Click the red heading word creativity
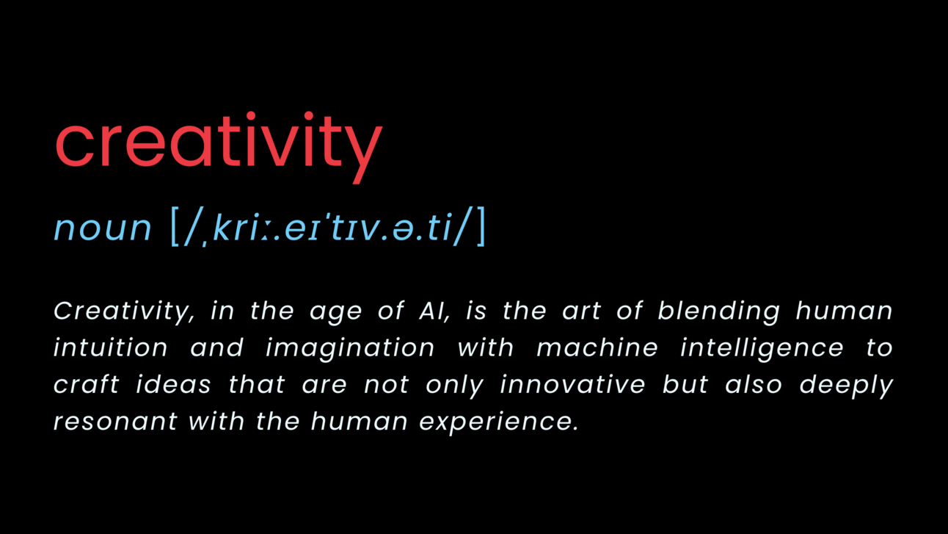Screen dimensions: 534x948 [x=218, y=142]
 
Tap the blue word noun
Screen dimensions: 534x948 [x=102, y=228]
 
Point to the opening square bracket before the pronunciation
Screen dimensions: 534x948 [x=175, y=226]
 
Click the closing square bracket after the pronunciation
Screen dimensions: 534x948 [x=481, y=226]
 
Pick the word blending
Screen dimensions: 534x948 [x=718, y=311]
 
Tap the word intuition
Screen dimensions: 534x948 [x=111, y=347]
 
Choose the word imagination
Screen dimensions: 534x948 [x=350, y=347]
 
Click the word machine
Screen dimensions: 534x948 [x=597, y=347]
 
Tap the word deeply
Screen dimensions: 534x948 [x=846, y=386]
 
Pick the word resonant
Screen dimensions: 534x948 [x=115, y=422]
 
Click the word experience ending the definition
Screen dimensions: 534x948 [x=498, y=422]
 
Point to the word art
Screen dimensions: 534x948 [x=581, y=311]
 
